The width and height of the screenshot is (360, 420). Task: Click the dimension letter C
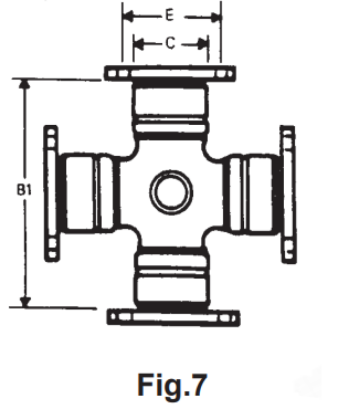click(x=170, y=43)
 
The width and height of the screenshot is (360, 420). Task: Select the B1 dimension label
click(x=24, y=190)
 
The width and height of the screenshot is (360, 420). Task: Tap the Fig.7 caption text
click(x=172, y=385)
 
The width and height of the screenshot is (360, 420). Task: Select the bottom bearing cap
click(x=171, y=278)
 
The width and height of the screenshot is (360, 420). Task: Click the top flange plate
click(x=170, y=73)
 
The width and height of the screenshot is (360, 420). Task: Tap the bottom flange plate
click(x=173, y=317)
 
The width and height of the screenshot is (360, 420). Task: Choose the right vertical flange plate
click(x=288, y=194)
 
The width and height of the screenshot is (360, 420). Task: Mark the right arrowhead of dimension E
click(x=216, y=18)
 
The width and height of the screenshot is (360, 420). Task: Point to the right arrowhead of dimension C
click(x=203, y=45)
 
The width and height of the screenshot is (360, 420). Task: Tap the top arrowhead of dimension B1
click(x=24, y=84)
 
